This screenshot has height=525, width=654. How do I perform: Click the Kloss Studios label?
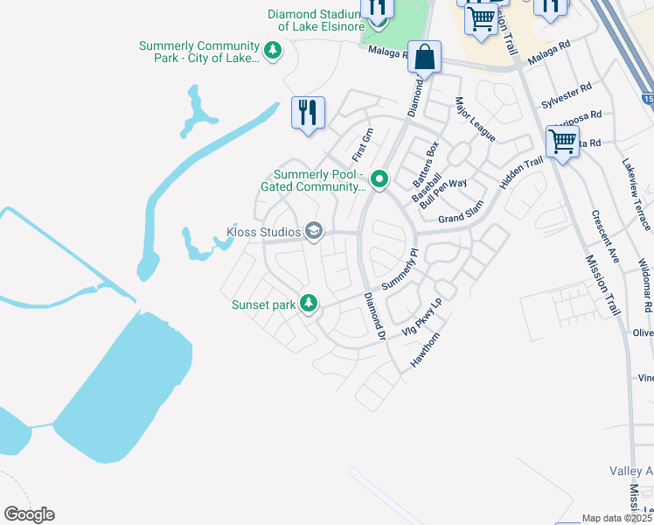263,232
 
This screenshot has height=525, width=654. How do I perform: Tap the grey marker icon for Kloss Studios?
314,232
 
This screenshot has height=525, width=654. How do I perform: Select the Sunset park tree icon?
308,304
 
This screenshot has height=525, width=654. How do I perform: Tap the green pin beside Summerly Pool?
379,179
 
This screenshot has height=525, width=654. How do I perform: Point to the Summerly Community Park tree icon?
273,52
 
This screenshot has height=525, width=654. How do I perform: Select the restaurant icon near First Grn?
308,113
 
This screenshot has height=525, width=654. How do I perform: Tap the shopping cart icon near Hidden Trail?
562,140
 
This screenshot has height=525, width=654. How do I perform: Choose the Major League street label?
475,120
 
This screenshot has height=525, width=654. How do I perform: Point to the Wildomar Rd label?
645,285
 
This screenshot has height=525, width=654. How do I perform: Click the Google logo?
29,514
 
